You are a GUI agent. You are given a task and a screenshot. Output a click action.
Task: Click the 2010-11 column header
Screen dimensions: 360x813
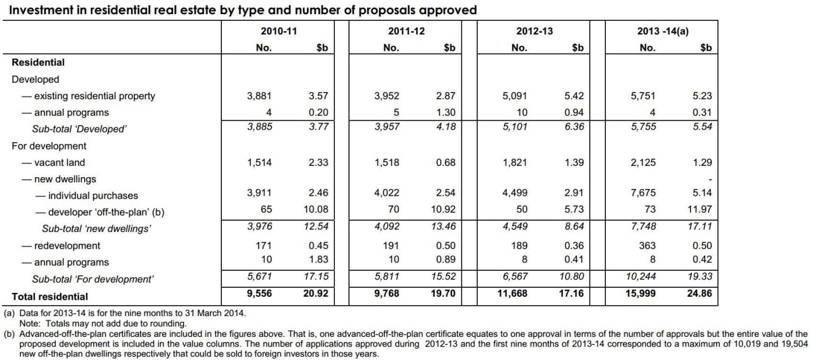pyautogui.click(x=278, y=31)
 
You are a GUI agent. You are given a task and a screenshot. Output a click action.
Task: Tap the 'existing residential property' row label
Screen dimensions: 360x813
pyautogui.click(x=94, y=96)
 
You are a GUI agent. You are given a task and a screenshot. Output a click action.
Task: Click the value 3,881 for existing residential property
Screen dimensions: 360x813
pyautogui.click(x=260, y=96)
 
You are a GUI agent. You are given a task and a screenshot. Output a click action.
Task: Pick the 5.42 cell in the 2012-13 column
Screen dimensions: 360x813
pyautogui.click(x=574, y=96)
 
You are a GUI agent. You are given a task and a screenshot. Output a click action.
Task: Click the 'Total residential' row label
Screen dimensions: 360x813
pyautogui.click(x=50, y=296)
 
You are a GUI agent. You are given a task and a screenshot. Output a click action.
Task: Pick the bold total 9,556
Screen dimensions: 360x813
pyautogui.click(x=260, y=293)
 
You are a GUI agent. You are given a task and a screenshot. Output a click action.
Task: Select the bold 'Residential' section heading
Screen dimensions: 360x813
pyautogui.click(x=38, y=63)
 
